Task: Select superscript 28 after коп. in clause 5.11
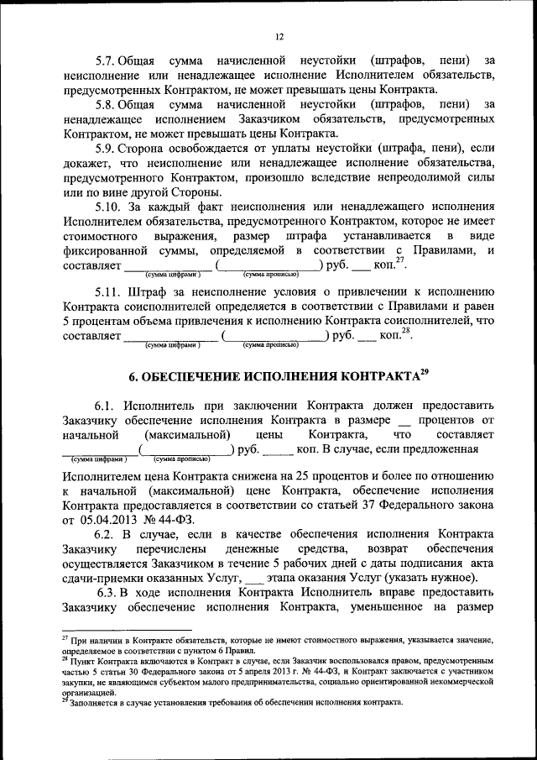406,332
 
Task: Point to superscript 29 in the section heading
425,371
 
